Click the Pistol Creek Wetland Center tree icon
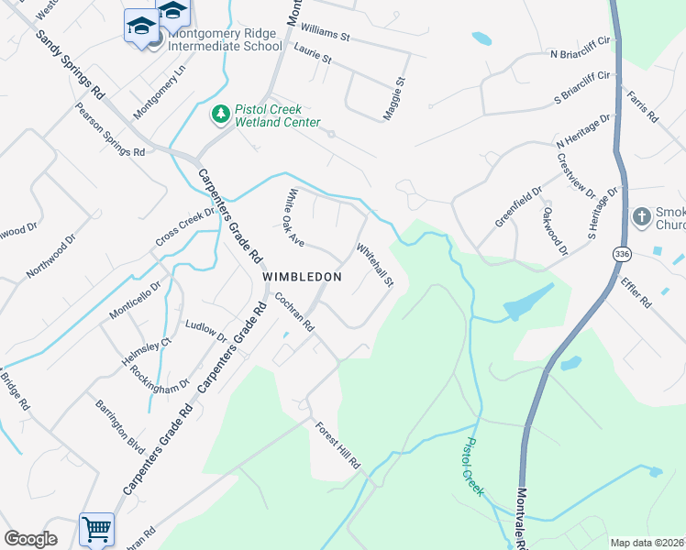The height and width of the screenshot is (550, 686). pos(220,114)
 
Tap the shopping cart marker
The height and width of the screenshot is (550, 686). pos(96,529)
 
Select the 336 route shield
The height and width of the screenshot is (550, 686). pos(624,253)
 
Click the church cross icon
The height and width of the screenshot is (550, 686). pos(642,217)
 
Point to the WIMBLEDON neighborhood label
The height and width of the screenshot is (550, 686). pos(302,276)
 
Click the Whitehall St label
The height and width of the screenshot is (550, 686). pos(374,264)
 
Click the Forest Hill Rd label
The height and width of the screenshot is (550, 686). pos(338,446)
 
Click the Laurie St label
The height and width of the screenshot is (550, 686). pos(313,58)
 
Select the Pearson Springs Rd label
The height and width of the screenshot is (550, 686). pos(111,129)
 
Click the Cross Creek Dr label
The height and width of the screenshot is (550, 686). pos(183,226)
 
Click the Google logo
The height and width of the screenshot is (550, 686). pos(31,540)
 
